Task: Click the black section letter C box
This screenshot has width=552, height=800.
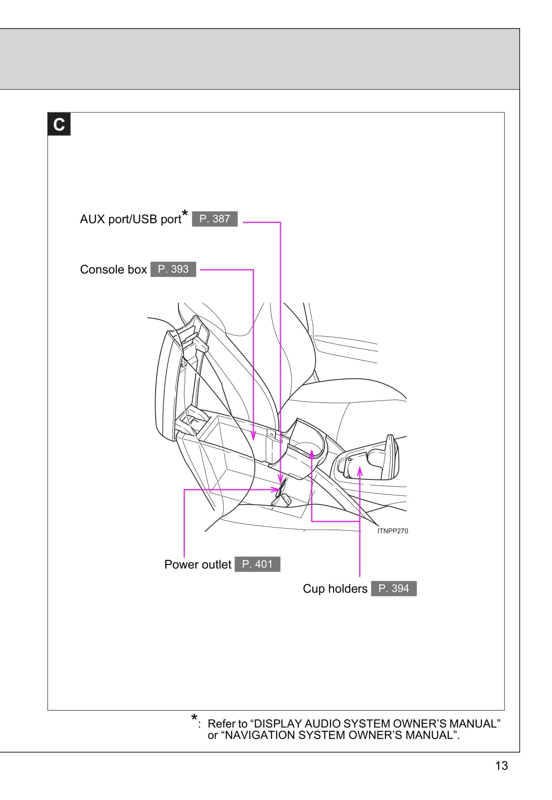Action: [x=59, y=124]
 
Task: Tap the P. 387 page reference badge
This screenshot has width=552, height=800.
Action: [x=215, y=219]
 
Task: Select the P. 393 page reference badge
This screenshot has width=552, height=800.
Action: [x=173, y=269]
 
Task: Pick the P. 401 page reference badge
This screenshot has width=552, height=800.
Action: [x=257, y=564]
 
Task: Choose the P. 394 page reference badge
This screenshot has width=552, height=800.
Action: [x=393, y=589]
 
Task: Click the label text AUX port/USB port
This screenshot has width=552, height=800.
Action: [x=130, y=220]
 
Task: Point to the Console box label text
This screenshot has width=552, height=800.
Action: [x=113, y=270]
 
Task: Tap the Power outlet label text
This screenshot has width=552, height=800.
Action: [x=198, y=565]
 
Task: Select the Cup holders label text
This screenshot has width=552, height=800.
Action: [x=335, y=589]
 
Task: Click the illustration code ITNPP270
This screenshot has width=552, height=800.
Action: [x=392, y=531]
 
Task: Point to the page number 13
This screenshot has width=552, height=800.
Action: [x=501, y=766]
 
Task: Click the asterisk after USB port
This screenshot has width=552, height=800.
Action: [x=185, y=213]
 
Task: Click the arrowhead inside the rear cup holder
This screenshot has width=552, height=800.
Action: [x=360, y=470]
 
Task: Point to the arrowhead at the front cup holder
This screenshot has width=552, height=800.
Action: [x=312, y=454]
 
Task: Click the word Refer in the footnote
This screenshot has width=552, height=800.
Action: [x=221, y=724]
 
